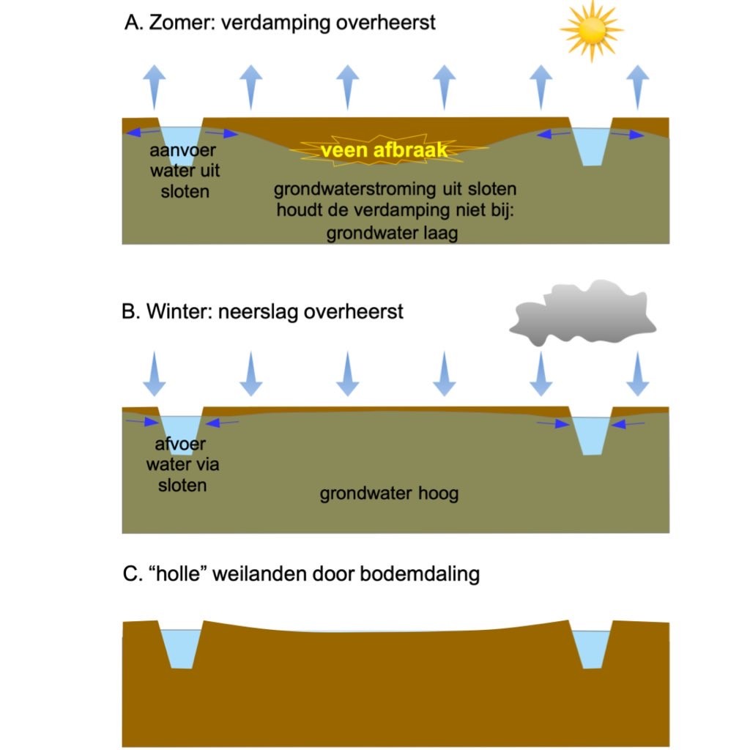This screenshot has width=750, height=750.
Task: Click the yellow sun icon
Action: tap(591, 30)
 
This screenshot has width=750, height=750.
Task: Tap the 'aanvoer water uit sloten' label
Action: tap(184, 171)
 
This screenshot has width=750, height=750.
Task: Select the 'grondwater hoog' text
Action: tap(389, 493)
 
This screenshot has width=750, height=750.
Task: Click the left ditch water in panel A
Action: tap(180, 140)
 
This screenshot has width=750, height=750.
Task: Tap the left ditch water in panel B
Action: tap(180, 432)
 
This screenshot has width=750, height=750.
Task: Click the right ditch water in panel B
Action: tap(591, 434)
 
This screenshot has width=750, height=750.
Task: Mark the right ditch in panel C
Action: tap(591, 647)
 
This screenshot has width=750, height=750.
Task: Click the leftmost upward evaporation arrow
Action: tap(154, 85)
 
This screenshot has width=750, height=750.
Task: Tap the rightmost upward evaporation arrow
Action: tap(639, 85)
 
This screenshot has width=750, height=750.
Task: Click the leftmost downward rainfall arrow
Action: tap(154, 374)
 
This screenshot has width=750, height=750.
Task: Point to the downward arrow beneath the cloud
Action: tap(541, 374)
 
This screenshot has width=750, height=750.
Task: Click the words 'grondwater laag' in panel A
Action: tap(392, 235)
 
